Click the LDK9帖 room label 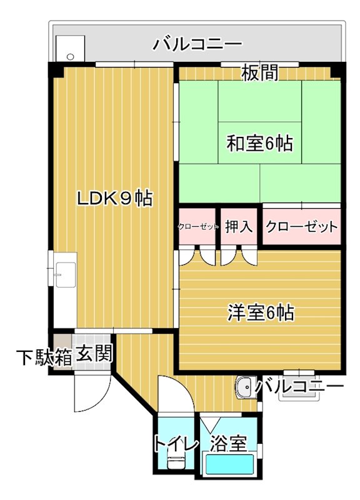[x=114, y=199]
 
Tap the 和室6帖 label [x=259, y=143]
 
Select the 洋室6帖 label [x=261, y=312]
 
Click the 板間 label [x=260, y=73]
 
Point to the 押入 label [x=238, y=227]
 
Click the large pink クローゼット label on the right [x=301, y=227]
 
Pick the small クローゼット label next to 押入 [x=198, y=227]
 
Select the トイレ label [x=176, y=445]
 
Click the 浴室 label [x=227, y=444]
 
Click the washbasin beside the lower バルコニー [x=245, y=387]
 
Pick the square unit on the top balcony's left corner [x=69, y=48]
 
